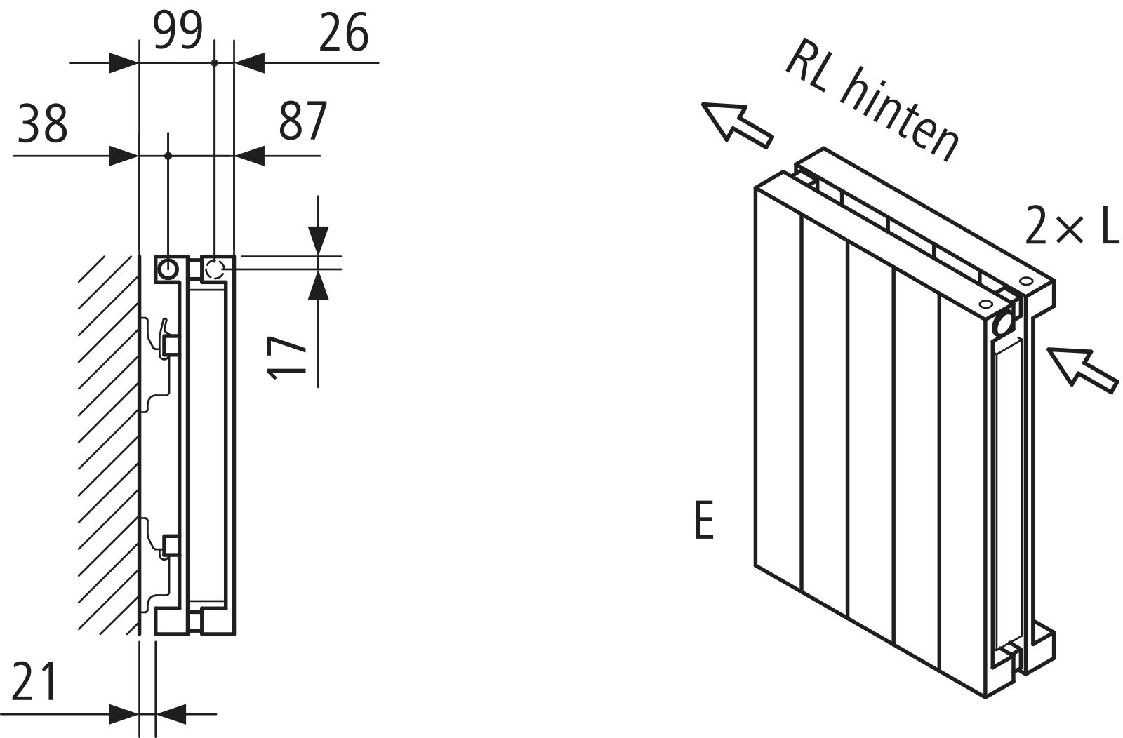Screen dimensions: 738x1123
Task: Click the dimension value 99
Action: click(178, 32)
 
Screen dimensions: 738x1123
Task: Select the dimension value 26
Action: click(343, 33)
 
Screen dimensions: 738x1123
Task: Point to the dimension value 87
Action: click(303, 121)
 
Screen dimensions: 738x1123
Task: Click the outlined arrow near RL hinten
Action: click(737, 124)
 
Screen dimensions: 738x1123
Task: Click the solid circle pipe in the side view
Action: click(168, 269)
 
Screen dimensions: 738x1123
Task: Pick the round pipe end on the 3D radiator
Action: click(1004, 325)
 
